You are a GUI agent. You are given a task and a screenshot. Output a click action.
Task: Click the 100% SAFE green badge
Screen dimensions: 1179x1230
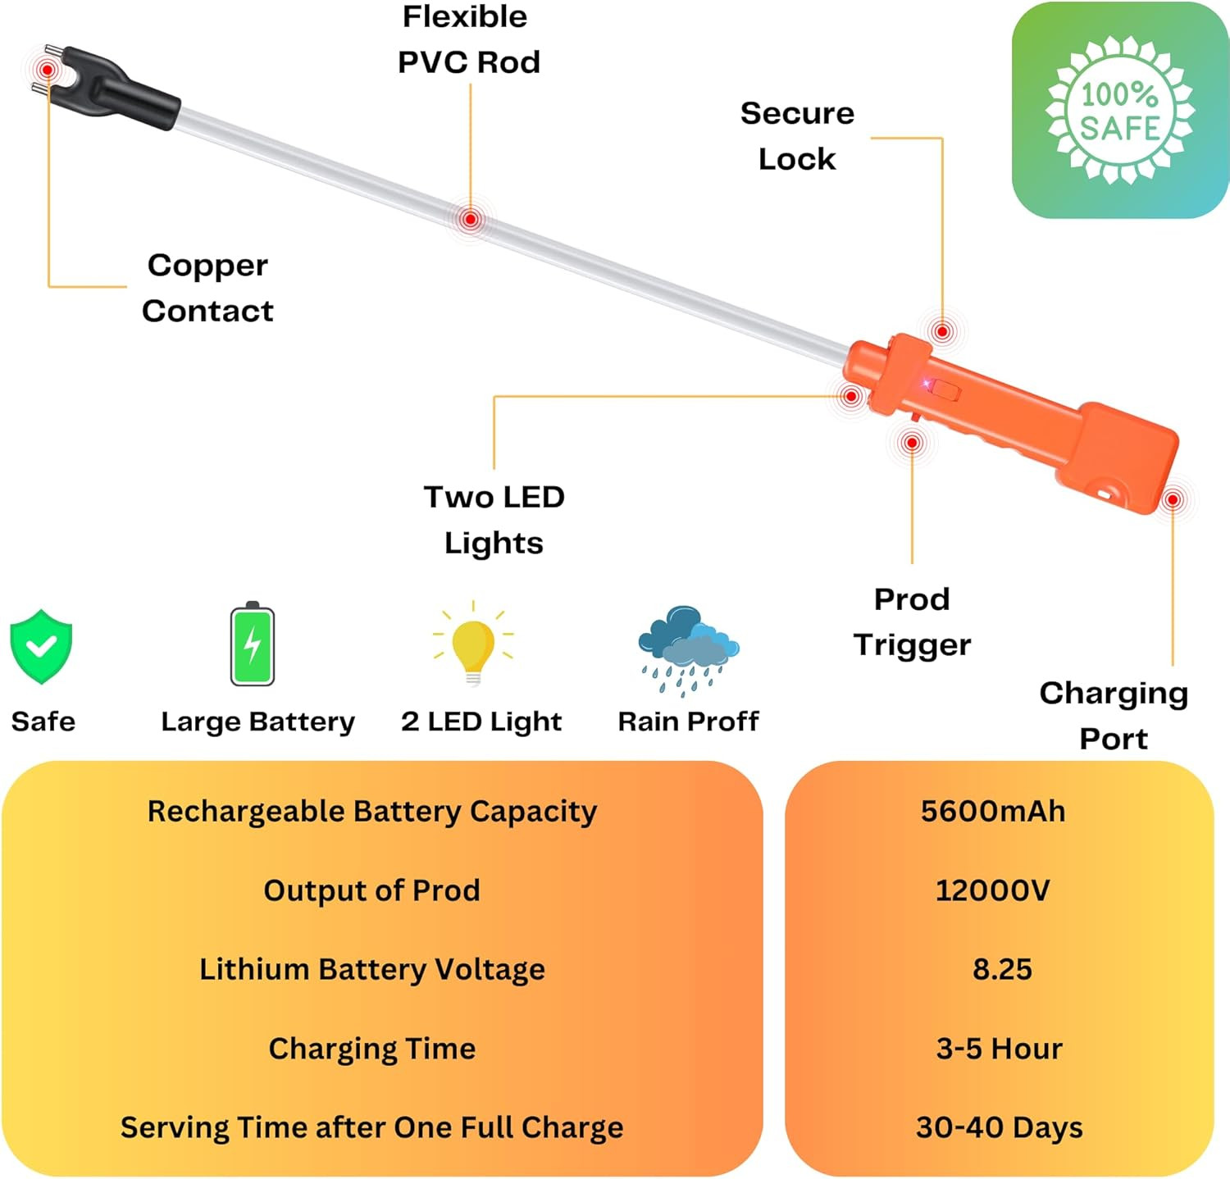(x=1119, y=111)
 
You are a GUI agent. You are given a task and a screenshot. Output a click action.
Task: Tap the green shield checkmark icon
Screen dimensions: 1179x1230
(x=41, y=646)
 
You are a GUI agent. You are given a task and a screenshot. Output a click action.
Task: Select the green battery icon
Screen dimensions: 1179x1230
(x=253, y=644)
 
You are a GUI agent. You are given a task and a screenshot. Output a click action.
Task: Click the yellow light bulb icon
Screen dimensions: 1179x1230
(x=473, y=644)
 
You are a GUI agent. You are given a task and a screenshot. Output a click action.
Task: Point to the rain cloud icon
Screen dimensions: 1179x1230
(x=688, y=648)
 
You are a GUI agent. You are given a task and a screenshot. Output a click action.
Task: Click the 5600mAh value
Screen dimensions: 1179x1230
(x=993, y=812)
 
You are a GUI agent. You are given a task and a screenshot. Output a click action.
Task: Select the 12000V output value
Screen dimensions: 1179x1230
(x=992, y=890)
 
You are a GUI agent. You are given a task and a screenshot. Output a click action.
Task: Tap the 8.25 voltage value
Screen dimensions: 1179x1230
(x=1002, y=969)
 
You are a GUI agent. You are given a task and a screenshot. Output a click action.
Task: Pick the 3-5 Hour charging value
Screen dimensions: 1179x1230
(x=999, y=1049)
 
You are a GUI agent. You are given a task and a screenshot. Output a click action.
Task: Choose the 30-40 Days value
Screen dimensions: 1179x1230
(x=999, y=1127)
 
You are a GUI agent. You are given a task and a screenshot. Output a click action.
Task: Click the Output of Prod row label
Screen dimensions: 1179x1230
(x=371, y=890)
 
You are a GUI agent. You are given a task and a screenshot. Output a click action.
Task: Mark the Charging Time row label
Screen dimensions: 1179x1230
(x=372, y=1049)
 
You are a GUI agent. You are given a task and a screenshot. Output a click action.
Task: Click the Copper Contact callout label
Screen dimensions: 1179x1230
(x=207, y=288)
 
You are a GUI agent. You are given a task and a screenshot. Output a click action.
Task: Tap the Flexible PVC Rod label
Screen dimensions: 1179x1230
(x=468, y=39)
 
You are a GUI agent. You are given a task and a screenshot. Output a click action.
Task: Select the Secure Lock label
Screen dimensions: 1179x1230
(x=797, y=136)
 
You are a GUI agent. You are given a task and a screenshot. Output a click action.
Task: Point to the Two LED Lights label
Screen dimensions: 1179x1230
(x=494, y=520)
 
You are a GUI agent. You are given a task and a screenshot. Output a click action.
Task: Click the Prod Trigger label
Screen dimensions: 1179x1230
(x=912, y=621)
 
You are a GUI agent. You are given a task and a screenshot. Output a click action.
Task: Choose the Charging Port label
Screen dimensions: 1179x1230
(x=1114, y=716)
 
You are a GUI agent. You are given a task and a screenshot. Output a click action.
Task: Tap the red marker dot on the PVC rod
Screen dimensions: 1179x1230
(x=470, y=219)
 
